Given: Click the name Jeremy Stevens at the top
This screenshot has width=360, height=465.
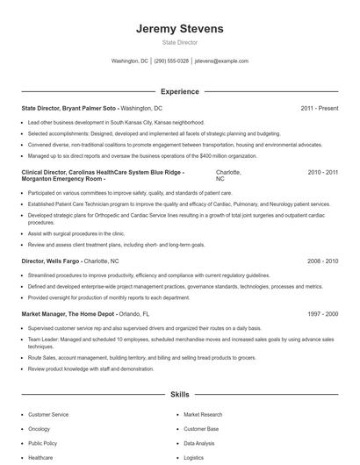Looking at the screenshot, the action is point(179,28).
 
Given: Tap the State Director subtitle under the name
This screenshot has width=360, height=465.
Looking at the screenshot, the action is point(179,42).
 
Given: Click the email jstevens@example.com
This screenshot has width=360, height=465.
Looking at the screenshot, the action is point(221,61).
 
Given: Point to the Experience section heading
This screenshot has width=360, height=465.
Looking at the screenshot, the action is point(179,91).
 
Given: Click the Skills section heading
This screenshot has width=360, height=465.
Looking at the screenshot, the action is point(179,396).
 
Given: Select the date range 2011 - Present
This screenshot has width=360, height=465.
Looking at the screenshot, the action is point(319,108).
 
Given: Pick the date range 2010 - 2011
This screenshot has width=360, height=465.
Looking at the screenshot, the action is point(322,173).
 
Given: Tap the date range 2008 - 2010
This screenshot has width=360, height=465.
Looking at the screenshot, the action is point(322,261).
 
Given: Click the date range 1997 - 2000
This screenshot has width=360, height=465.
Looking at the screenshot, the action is point(322,313).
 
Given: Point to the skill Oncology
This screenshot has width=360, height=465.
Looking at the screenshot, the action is point(40,429).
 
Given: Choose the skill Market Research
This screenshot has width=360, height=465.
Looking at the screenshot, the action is point(203,414).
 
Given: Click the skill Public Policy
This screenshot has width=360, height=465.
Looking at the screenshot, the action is point(43,443).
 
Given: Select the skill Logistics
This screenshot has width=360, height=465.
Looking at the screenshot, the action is point(193,457).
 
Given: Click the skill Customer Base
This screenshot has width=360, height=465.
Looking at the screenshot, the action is point(201,429).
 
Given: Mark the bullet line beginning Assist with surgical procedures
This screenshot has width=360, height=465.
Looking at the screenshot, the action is point(76,234).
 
